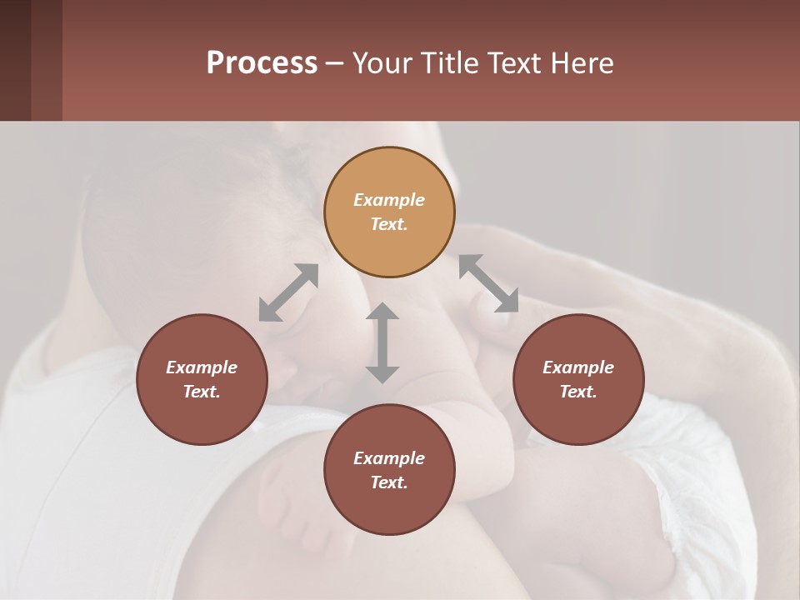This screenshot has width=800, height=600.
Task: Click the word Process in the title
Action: [262, 63]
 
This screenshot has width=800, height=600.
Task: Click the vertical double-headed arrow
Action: [382, 342]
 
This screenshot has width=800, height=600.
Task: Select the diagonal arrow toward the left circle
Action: [288, 292]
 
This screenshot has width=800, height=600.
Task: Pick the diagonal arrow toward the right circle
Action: [489, 283]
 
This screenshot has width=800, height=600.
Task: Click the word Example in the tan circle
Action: [389, 200]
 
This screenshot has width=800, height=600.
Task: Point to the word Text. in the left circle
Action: [202, 392]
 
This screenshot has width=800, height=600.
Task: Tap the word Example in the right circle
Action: [578, 367]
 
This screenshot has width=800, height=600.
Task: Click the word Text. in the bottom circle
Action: [389, 482]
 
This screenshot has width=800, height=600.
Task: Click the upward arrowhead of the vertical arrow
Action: [382, 312]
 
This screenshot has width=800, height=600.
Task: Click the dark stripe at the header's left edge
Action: [15, 60]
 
